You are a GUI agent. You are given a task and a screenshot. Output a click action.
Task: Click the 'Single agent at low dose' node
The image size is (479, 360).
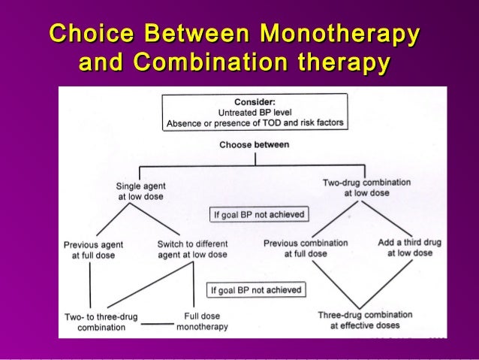coord(141,191)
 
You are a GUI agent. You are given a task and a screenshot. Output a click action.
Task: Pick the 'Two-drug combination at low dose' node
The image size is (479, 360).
coord(356,187)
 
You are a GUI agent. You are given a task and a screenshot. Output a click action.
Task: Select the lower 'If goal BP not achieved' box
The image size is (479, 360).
coord(256,289)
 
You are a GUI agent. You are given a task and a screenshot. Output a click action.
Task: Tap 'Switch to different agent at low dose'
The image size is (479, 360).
coord(192,250)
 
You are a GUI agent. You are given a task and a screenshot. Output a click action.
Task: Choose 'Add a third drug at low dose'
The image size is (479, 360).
coord(410,248)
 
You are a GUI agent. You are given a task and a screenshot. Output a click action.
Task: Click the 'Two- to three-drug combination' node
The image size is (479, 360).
coord(101,322)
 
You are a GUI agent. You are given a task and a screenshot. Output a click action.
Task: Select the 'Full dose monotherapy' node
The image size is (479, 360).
coord(202,322)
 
